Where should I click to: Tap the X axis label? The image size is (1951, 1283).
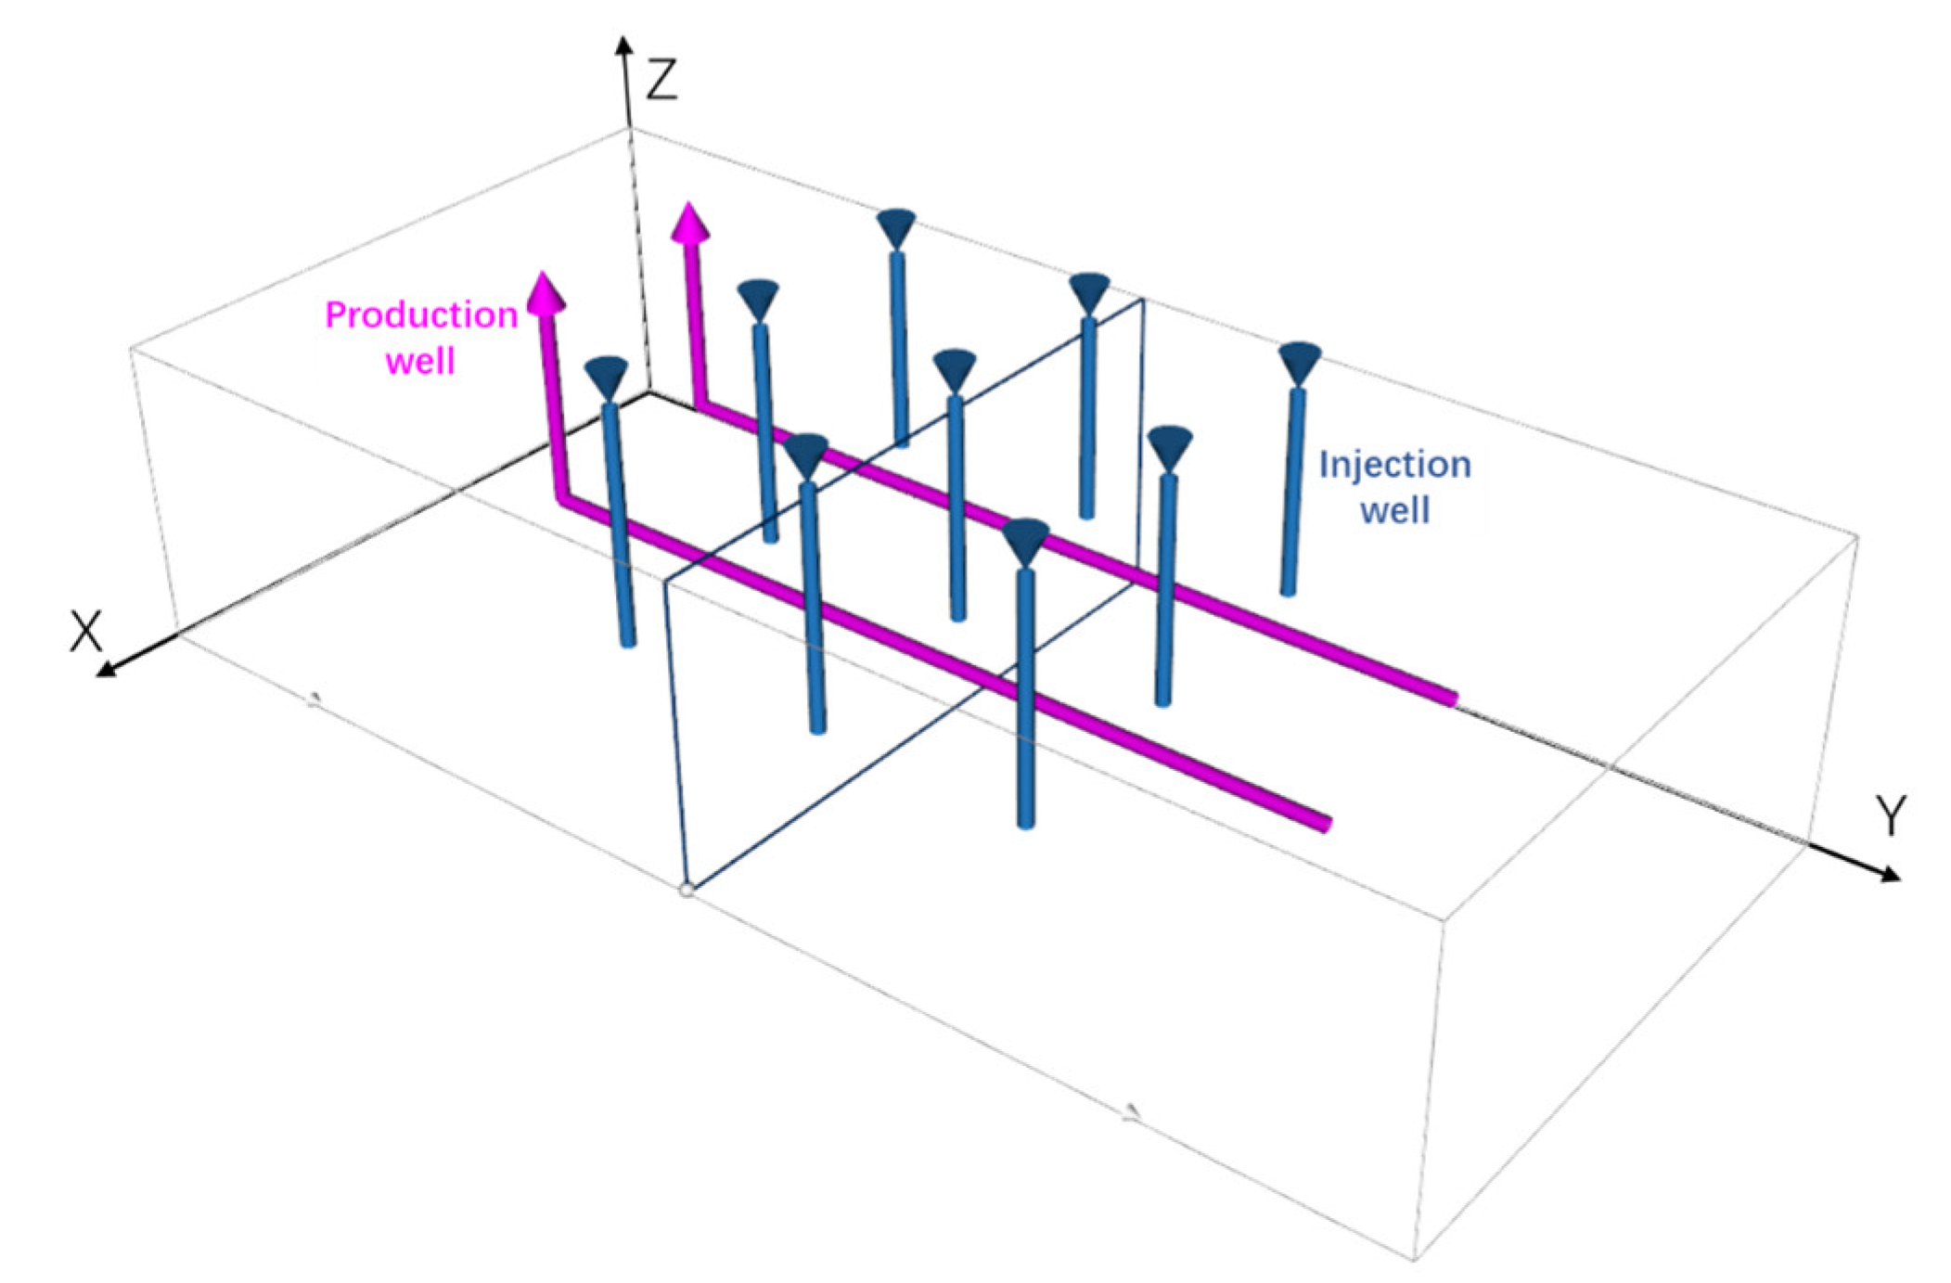(x=85, y=633)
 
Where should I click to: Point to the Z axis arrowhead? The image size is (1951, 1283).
(x=624, y=46)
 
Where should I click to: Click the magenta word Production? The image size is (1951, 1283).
(x=421, y=315)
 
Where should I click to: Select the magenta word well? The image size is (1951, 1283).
(x=420, y=360)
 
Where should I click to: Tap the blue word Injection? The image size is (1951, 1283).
(x=1394, y=465)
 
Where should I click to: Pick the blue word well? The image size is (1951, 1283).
(x=1394, y=510)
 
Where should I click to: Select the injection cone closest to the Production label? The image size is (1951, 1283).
(x=607, y=377)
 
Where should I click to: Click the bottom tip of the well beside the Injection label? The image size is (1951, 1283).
(x=1287, y=590)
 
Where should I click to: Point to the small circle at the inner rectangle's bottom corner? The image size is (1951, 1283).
(x=687, y=890)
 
